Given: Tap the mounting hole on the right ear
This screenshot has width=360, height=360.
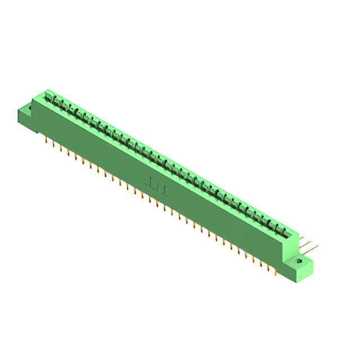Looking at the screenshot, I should point(299,262).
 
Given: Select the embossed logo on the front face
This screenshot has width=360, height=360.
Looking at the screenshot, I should point(158,185).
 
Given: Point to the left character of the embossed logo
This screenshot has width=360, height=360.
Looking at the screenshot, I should point(152,182).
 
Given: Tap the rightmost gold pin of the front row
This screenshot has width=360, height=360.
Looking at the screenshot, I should point(275,269).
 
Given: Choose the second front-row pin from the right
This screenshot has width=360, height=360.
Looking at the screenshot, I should point(268,266).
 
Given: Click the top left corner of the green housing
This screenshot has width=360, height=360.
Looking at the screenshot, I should point(46,90).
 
